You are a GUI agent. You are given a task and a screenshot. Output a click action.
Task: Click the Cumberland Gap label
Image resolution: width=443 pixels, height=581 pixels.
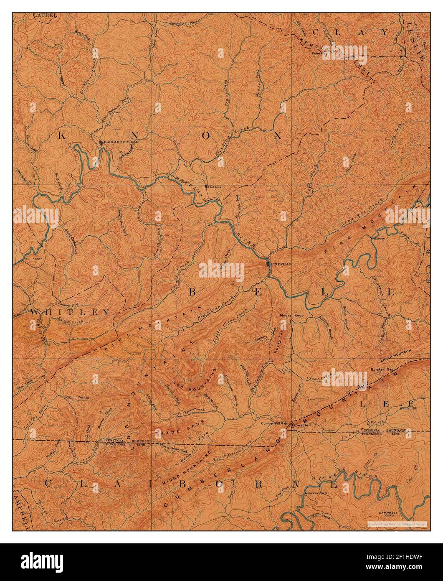[274, 423]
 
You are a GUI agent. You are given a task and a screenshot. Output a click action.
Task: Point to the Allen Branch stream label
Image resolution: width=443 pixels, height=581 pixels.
[73, 397]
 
